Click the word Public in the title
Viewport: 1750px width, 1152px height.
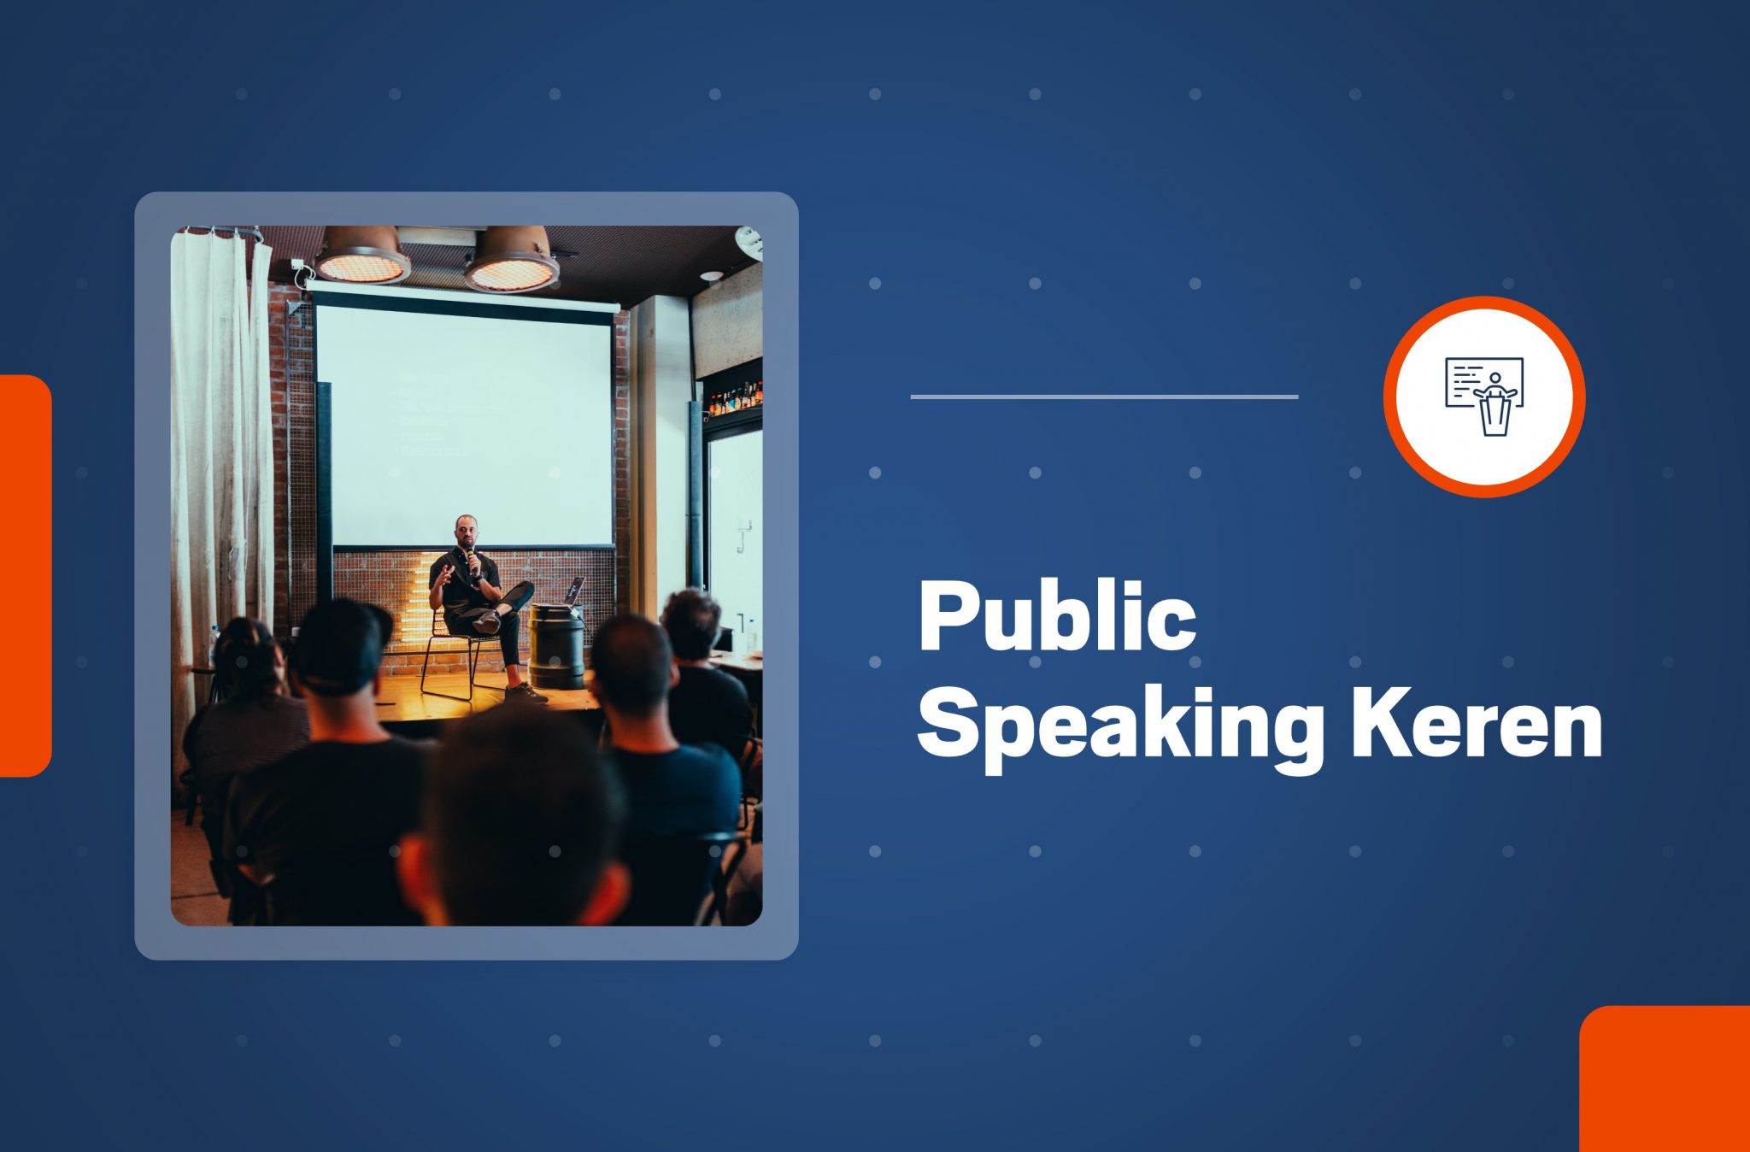(x=1057, y=615)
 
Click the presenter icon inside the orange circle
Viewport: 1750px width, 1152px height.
(x=1484, y=396)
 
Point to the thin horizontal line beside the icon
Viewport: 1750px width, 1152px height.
(x=1105, y=397)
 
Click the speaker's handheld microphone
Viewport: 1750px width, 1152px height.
(x=470, y=560)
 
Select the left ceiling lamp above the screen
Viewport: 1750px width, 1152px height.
(x=361, y=254)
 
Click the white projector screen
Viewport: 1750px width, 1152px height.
(x=465, y=422)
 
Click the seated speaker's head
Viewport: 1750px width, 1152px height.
(x=466, y=532)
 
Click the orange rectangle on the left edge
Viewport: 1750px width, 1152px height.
(x=26, y=576)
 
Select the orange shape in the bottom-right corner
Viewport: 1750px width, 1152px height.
(x=1665, y=1079)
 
